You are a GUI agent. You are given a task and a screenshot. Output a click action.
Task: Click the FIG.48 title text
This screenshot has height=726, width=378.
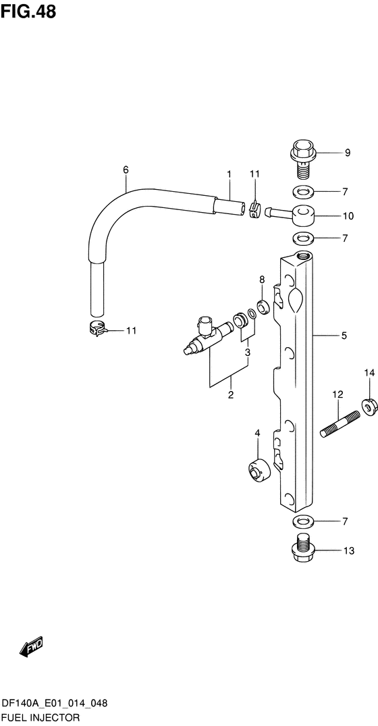(28, 12)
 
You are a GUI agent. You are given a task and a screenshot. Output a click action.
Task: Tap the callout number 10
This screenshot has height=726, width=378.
(348, 215)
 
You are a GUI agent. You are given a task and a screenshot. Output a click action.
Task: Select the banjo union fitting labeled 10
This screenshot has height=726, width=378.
(291, 214)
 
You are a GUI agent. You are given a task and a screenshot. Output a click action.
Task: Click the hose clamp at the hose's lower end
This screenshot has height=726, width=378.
(97, 328)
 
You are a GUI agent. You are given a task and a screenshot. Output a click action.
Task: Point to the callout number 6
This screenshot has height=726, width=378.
(126, 170)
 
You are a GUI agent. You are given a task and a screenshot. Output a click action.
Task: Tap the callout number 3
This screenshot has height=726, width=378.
(248, 353)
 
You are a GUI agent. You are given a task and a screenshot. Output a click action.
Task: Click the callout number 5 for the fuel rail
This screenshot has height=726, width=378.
(344, 336)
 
